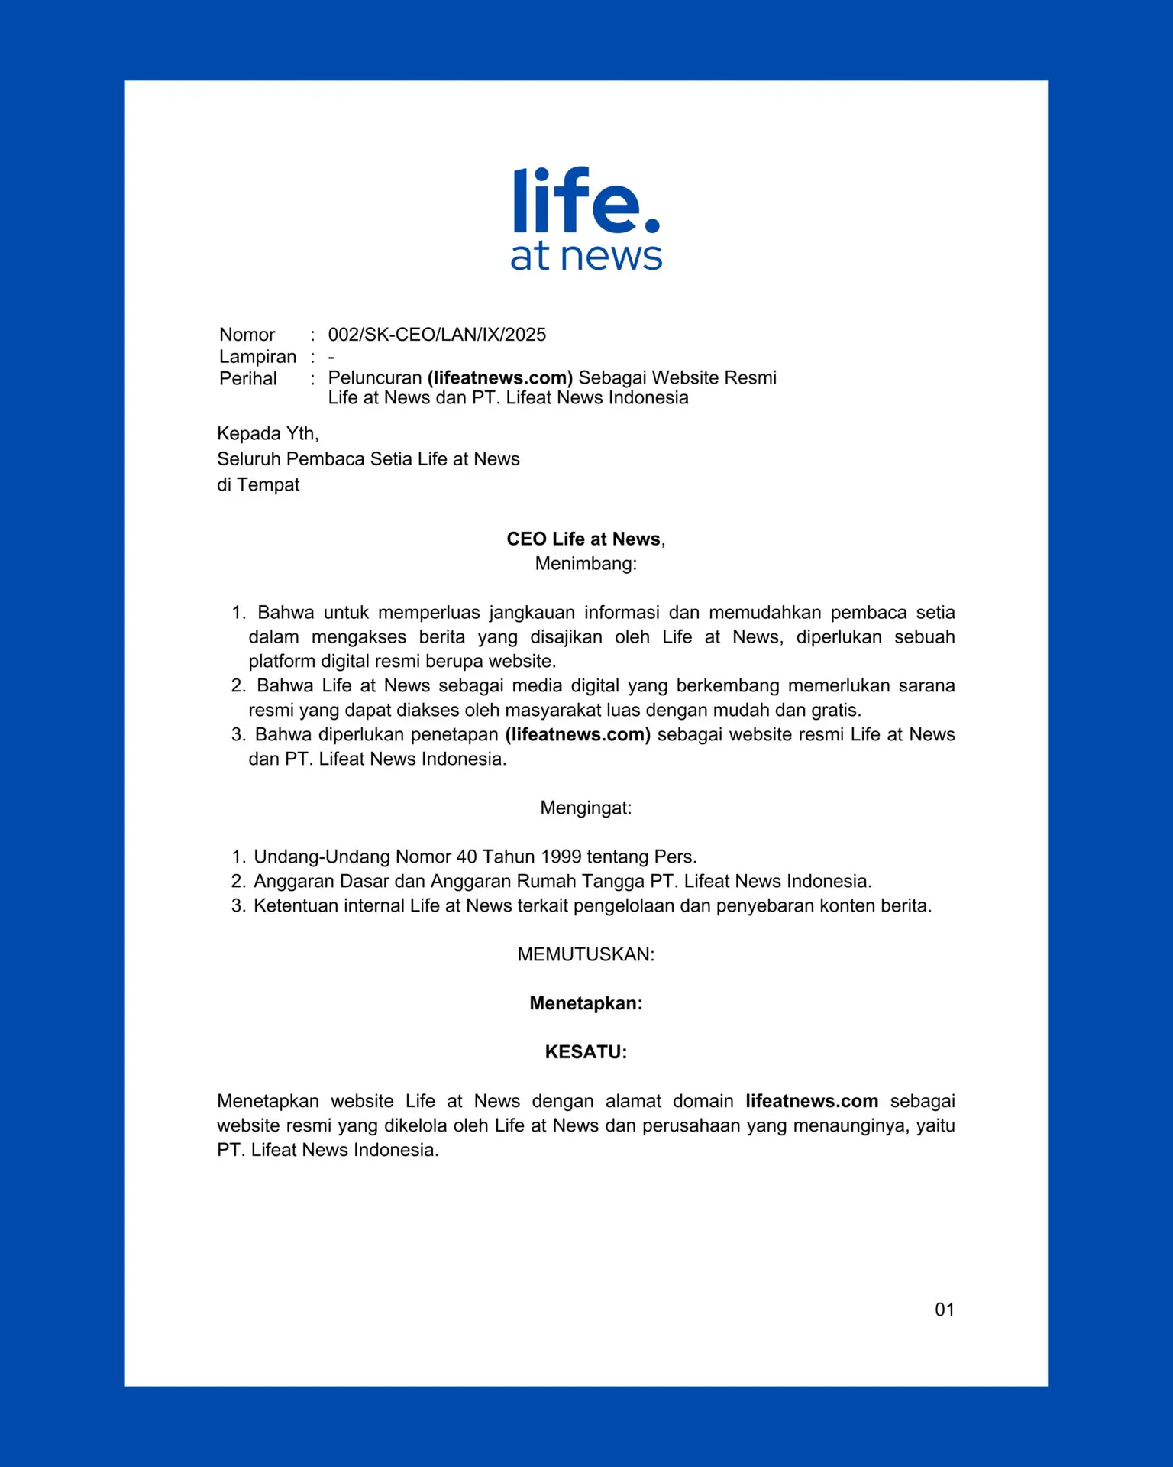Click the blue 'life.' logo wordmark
click(x=585, y=200)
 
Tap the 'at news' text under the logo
click(x=586, y=257)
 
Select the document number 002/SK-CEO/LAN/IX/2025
click(x=437, y=335)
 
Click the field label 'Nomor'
click(x=247, y=335)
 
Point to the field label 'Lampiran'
click(x=257, y=357)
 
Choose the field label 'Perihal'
click(x=247, y=378)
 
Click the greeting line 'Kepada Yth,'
click(x=267, y=433)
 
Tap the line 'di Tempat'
click(x=258, y=484)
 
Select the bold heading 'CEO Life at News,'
click(x=586, y=539)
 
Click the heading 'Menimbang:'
click(x=586, y=564)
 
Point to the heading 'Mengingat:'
click(x=586, y=808)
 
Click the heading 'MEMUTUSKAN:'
click(x=586, y=954)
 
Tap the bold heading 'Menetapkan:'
click(x=586, y=1003)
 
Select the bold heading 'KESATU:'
click(x=586, y=1052)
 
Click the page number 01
click(x=945, y=1310)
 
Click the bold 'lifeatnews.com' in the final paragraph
click(x=812, y=1101)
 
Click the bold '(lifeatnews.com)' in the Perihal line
click(x=500, y=377)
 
